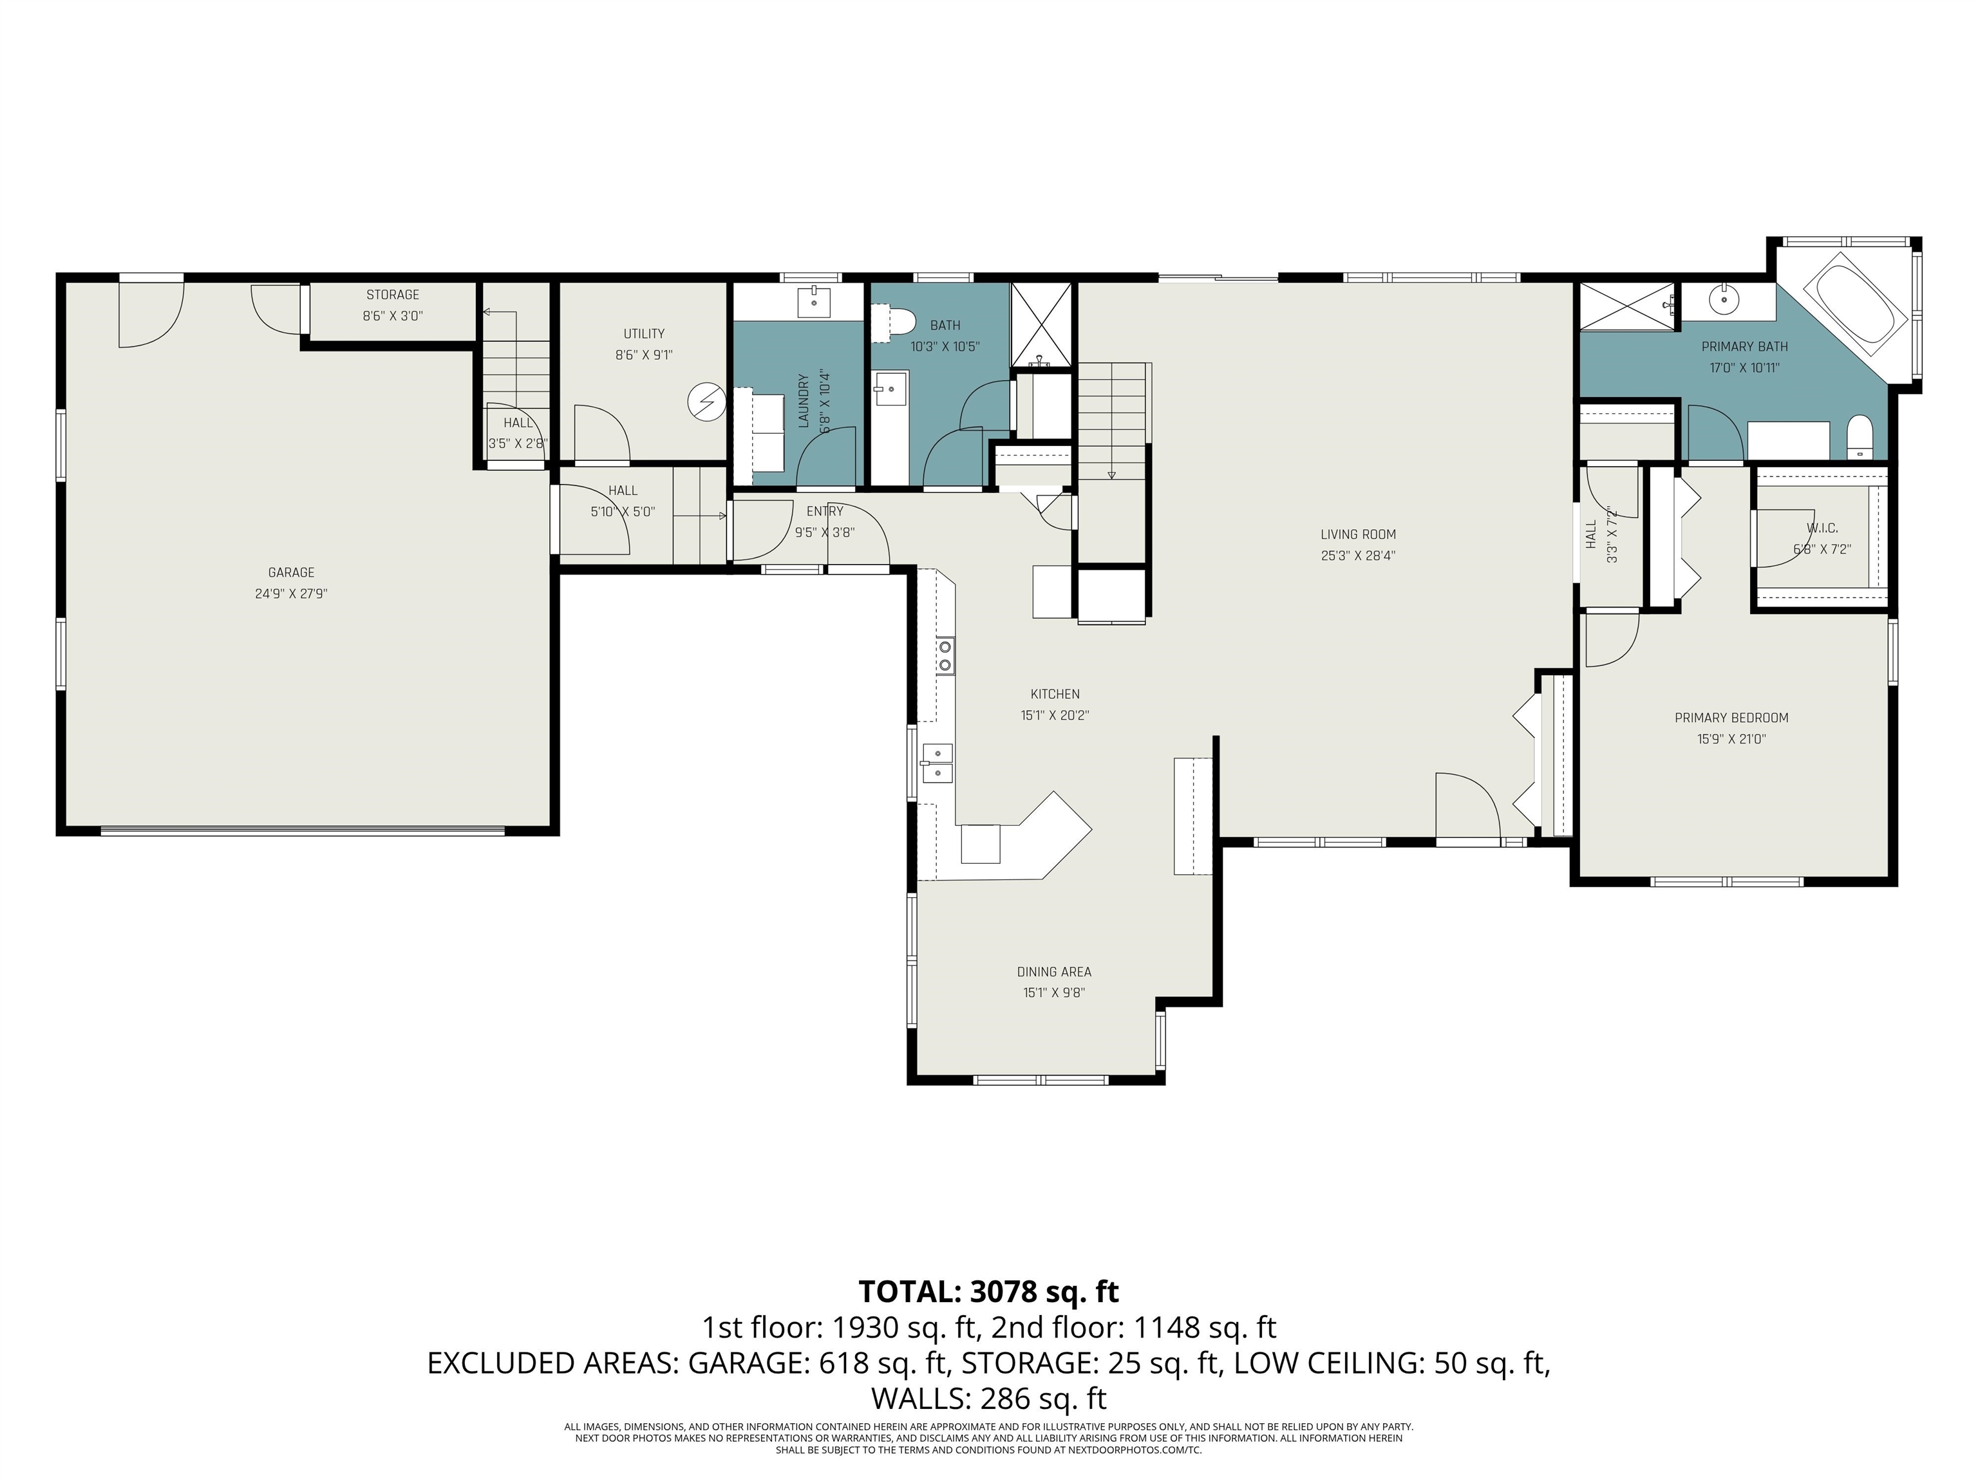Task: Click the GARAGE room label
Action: tap(292, 572)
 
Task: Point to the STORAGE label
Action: tap(393, 294)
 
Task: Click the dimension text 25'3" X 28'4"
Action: tap(1359, 555)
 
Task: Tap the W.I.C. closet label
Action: tap(1822, 528)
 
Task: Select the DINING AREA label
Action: tap(1054, 972)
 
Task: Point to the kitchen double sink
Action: tap(937, 763)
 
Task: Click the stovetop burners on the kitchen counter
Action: tap(945, 655)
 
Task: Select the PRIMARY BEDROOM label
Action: tap(1731, 718)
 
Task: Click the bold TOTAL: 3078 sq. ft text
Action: tap(989, 1292)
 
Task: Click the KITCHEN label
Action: tap(1055, 694)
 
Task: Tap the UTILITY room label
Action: tap(644, 333)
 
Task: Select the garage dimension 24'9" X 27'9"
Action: tap(292, 593)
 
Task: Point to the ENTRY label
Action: tap(824, 511)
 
